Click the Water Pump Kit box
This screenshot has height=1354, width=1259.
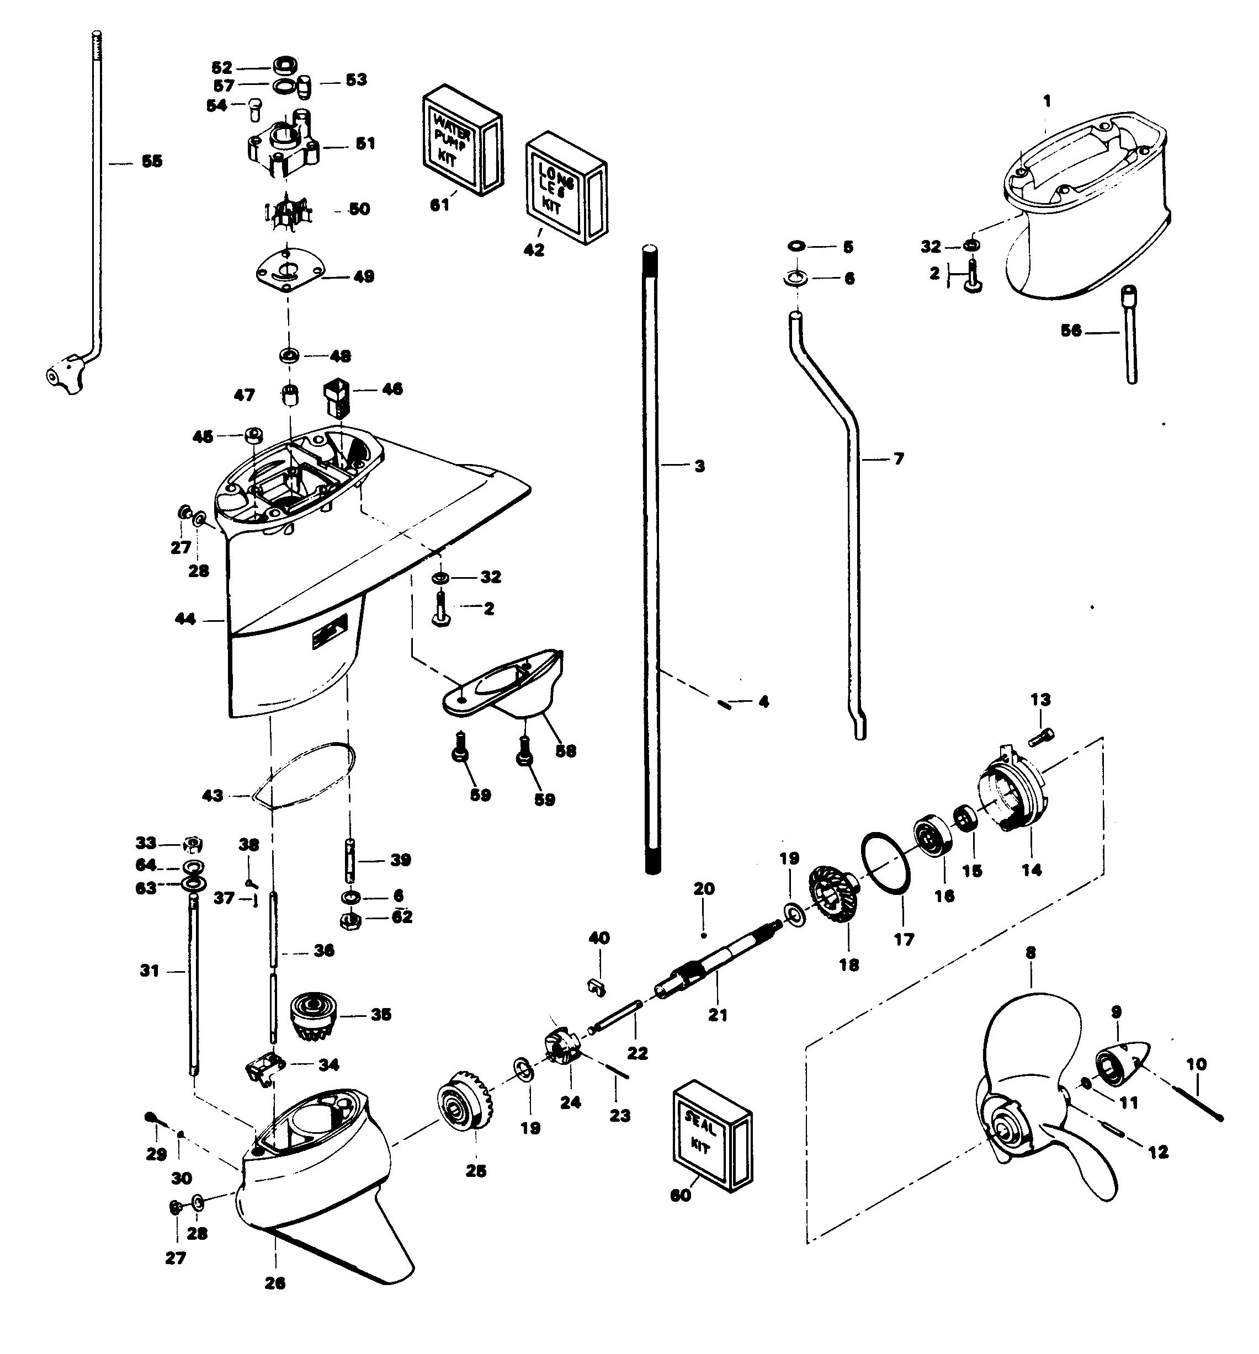462,141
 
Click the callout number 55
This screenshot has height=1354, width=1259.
151,162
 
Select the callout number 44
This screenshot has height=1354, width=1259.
185,619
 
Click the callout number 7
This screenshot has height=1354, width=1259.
899,459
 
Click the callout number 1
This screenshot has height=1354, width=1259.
1046,102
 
